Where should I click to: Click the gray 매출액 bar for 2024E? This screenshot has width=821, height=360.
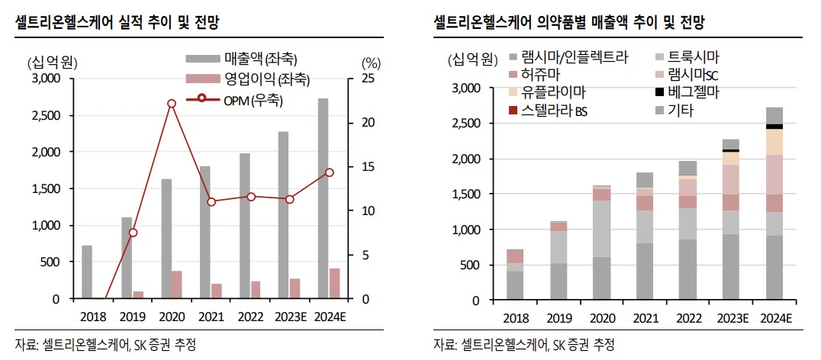click(x=324, y=198)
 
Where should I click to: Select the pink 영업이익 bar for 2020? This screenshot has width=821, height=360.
click(x=176, y=284)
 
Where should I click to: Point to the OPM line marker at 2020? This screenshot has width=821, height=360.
click(x=171, y=103)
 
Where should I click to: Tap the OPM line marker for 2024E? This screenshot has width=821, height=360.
click(x=330, y=172)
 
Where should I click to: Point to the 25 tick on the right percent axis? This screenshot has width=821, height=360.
click(x=368, y=79)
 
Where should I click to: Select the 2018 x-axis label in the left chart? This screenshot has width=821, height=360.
click(x=92, y=317)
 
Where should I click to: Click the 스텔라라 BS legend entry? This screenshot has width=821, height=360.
click(x=555, y=111)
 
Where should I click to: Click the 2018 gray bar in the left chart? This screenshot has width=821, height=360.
click(x=87, y=272)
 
